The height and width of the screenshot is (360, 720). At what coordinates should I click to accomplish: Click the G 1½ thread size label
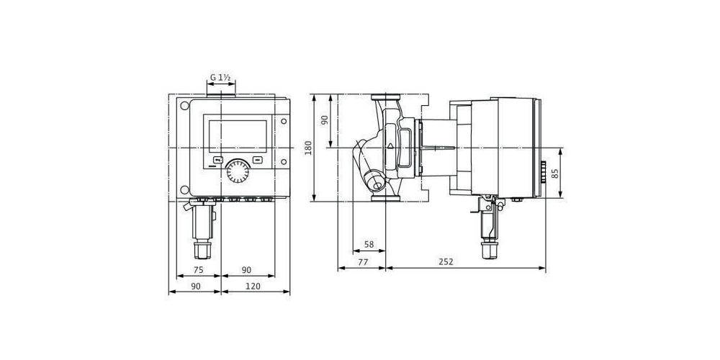coord(220,76)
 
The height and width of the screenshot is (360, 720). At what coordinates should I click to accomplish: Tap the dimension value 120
coord(253,286)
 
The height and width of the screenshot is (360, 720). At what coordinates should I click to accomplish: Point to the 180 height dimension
coord(309,148)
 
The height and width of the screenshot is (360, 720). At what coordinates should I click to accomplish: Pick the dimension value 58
coord(369,245)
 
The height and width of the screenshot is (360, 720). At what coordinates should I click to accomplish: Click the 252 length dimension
coord(446,262)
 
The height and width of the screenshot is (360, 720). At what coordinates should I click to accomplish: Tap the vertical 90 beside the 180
coord(324,120)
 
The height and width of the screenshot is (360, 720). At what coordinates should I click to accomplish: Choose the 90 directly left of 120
coord(194,286)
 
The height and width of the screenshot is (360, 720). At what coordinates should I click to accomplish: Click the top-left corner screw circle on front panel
coord(185,105)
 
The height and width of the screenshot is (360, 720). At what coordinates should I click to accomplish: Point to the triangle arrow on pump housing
coord(390,145)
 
